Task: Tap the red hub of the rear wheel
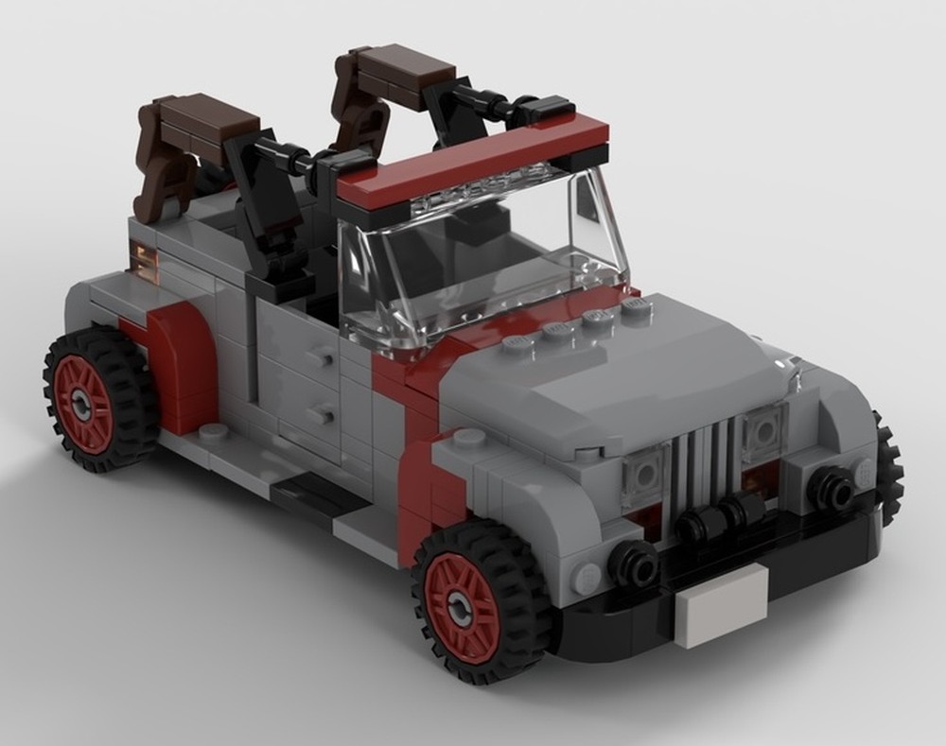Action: (x=84, y=403)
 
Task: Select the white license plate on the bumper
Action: (x=722, y=604)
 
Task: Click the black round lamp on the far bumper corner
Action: (x=833, y=489)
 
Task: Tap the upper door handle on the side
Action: (x=322, y=358)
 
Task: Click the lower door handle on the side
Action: (x=322, y=414)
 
